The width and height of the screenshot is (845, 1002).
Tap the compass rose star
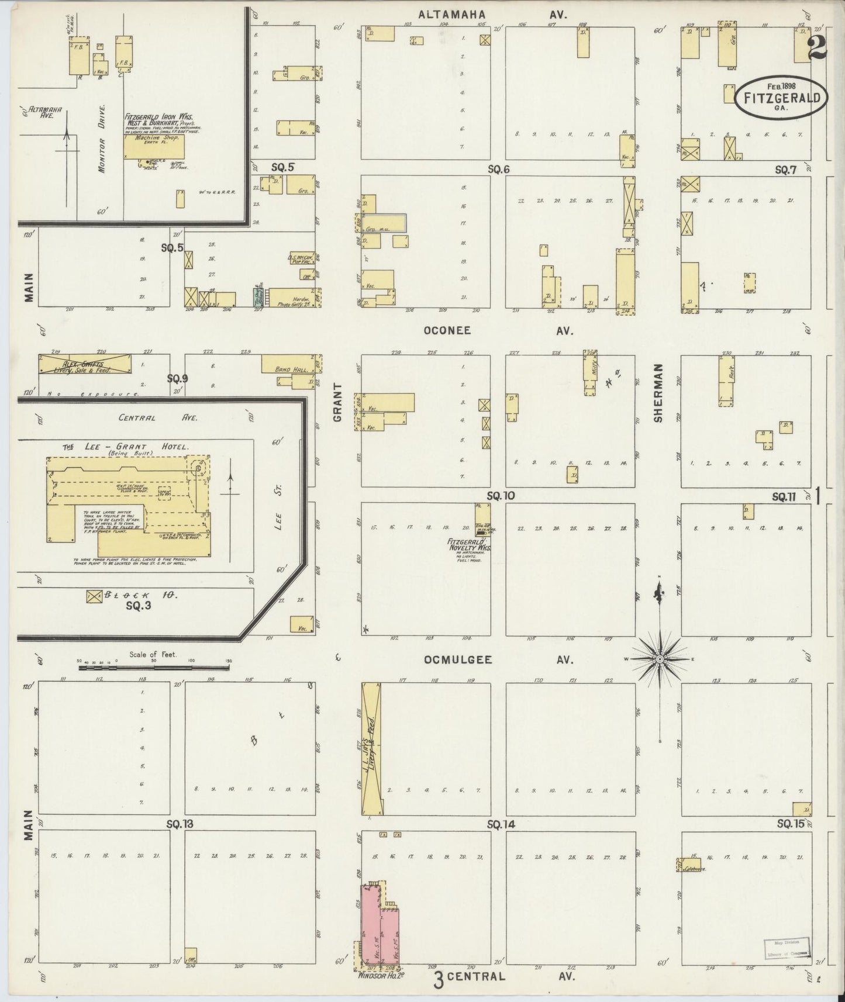660,659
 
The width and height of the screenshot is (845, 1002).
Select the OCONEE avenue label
447,330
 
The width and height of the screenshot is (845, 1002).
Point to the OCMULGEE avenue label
458,659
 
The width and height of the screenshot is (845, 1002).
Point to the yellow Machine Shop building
154,146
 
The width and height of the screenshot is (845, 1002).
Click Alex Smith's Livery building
85,365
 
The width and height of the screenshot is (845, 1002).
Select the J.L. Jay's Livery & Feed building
371,749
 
